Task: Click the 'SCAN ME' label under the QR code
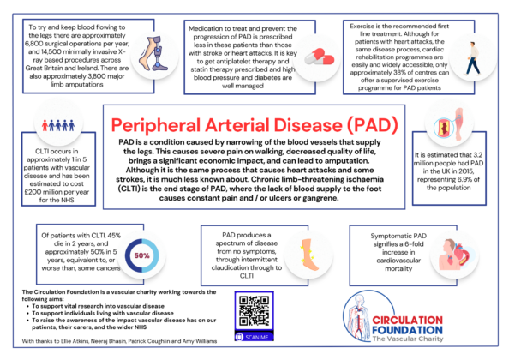(x=254, y=338)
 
